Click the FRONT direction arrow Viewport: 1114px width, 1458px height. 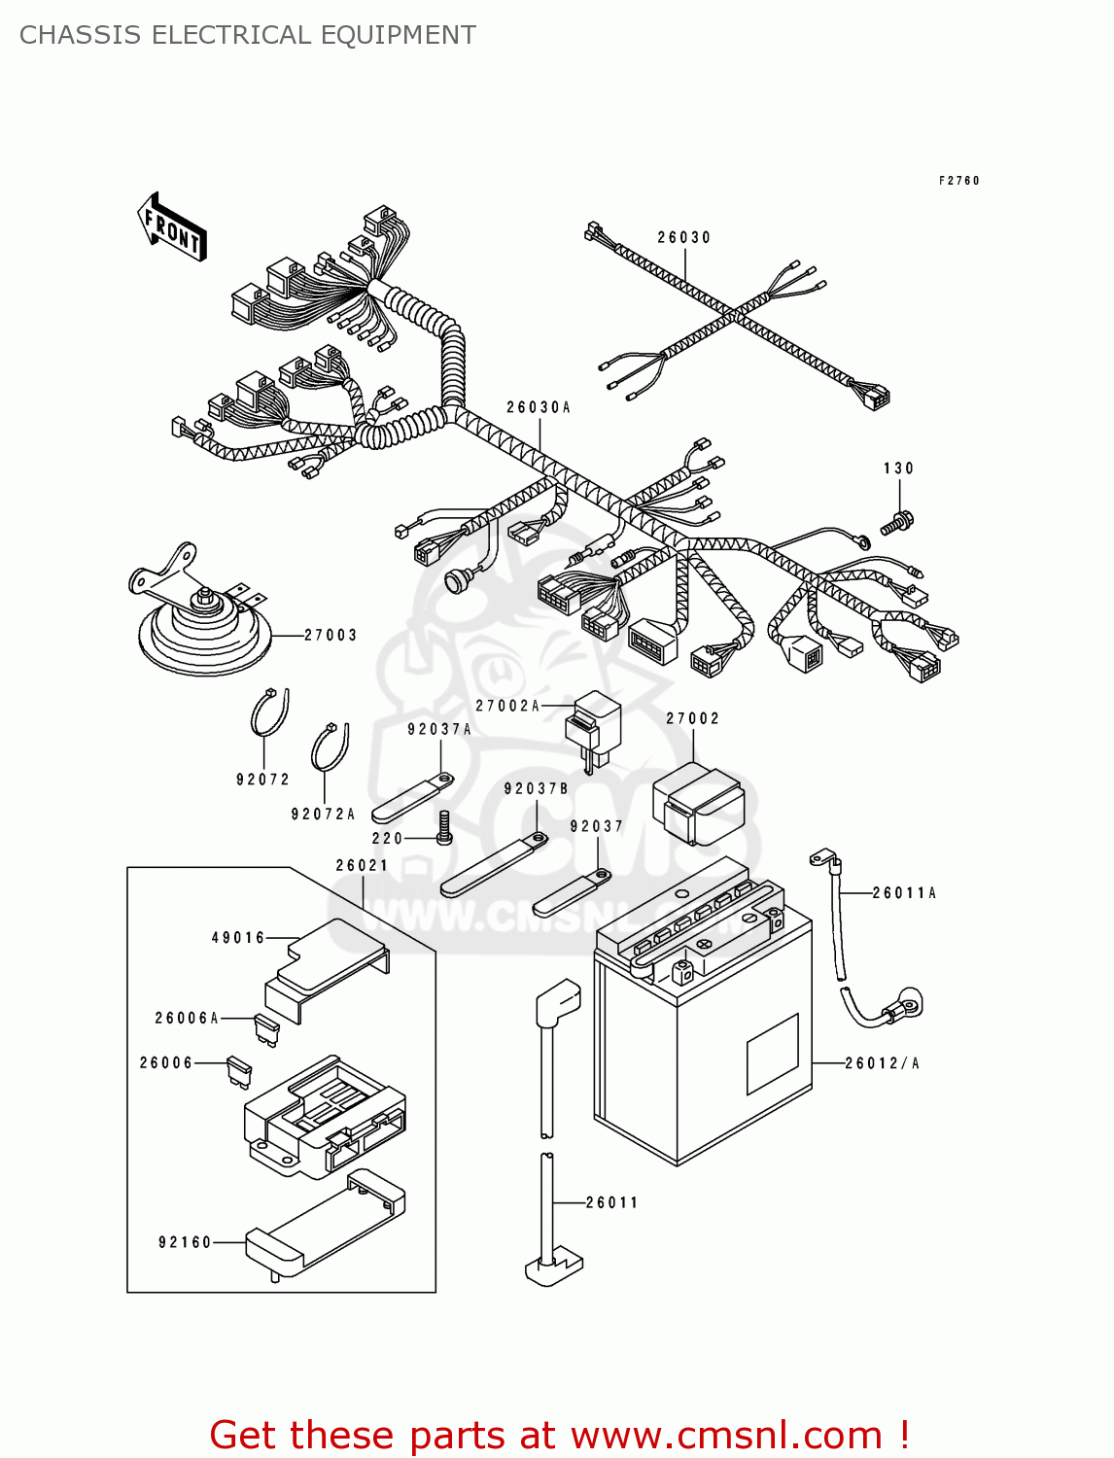coord(172,226)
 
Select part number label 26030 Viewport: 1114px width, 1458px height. coord(683,237)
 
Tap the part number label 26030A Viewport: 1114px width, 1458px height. coord(538,407)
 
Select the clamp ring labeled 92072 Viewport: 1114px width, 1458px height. coord(269,714)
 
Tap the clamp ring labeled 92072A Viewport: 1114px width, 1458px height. coord(330,746)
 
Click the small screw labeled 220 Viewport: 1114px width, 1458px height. coord(444,827)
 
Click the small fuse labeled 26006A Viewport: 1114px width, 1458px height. coord(265,1028)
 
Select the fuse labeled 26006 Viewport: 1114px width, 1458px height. coord(238,1071)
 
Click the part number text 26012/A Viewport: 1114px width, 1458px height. coord(882,1063)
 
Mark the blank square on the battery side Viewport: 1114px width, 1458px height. coord(772,1054)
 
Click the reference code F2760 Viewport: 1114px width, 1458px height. coord(958,181)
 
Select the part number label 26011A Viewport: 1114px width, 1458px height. coord(904,892)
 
